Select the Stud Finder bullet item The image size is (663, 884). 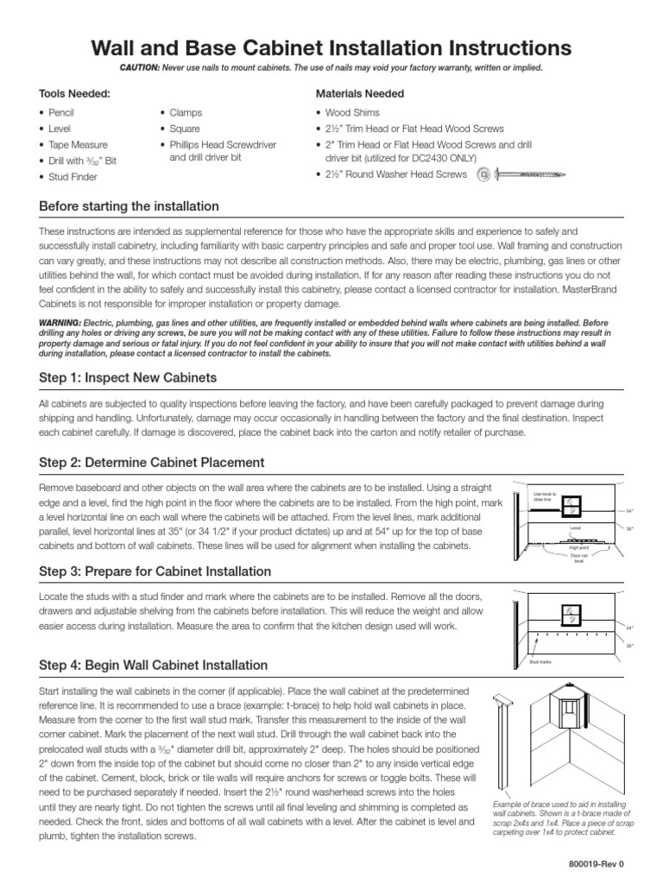(x=73, y=177)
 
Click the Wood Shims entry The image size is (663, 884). (x=352, y=112)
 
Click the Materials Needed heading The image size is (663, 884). (x=361, y=93)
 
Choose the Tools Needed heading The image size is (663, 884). (x=74, y=93)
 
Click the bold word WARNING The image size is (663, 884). (x=60, y=322)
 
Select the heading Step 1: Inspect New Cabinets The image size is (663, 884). (x=128, y=378)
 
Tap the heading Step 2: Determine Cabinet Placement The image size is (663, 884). (x=152, y=462)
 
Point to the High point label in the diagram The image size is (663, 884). (x=578, y=546)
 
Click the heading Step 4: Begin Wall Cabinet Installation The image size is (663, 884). (x=154, y=665)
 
